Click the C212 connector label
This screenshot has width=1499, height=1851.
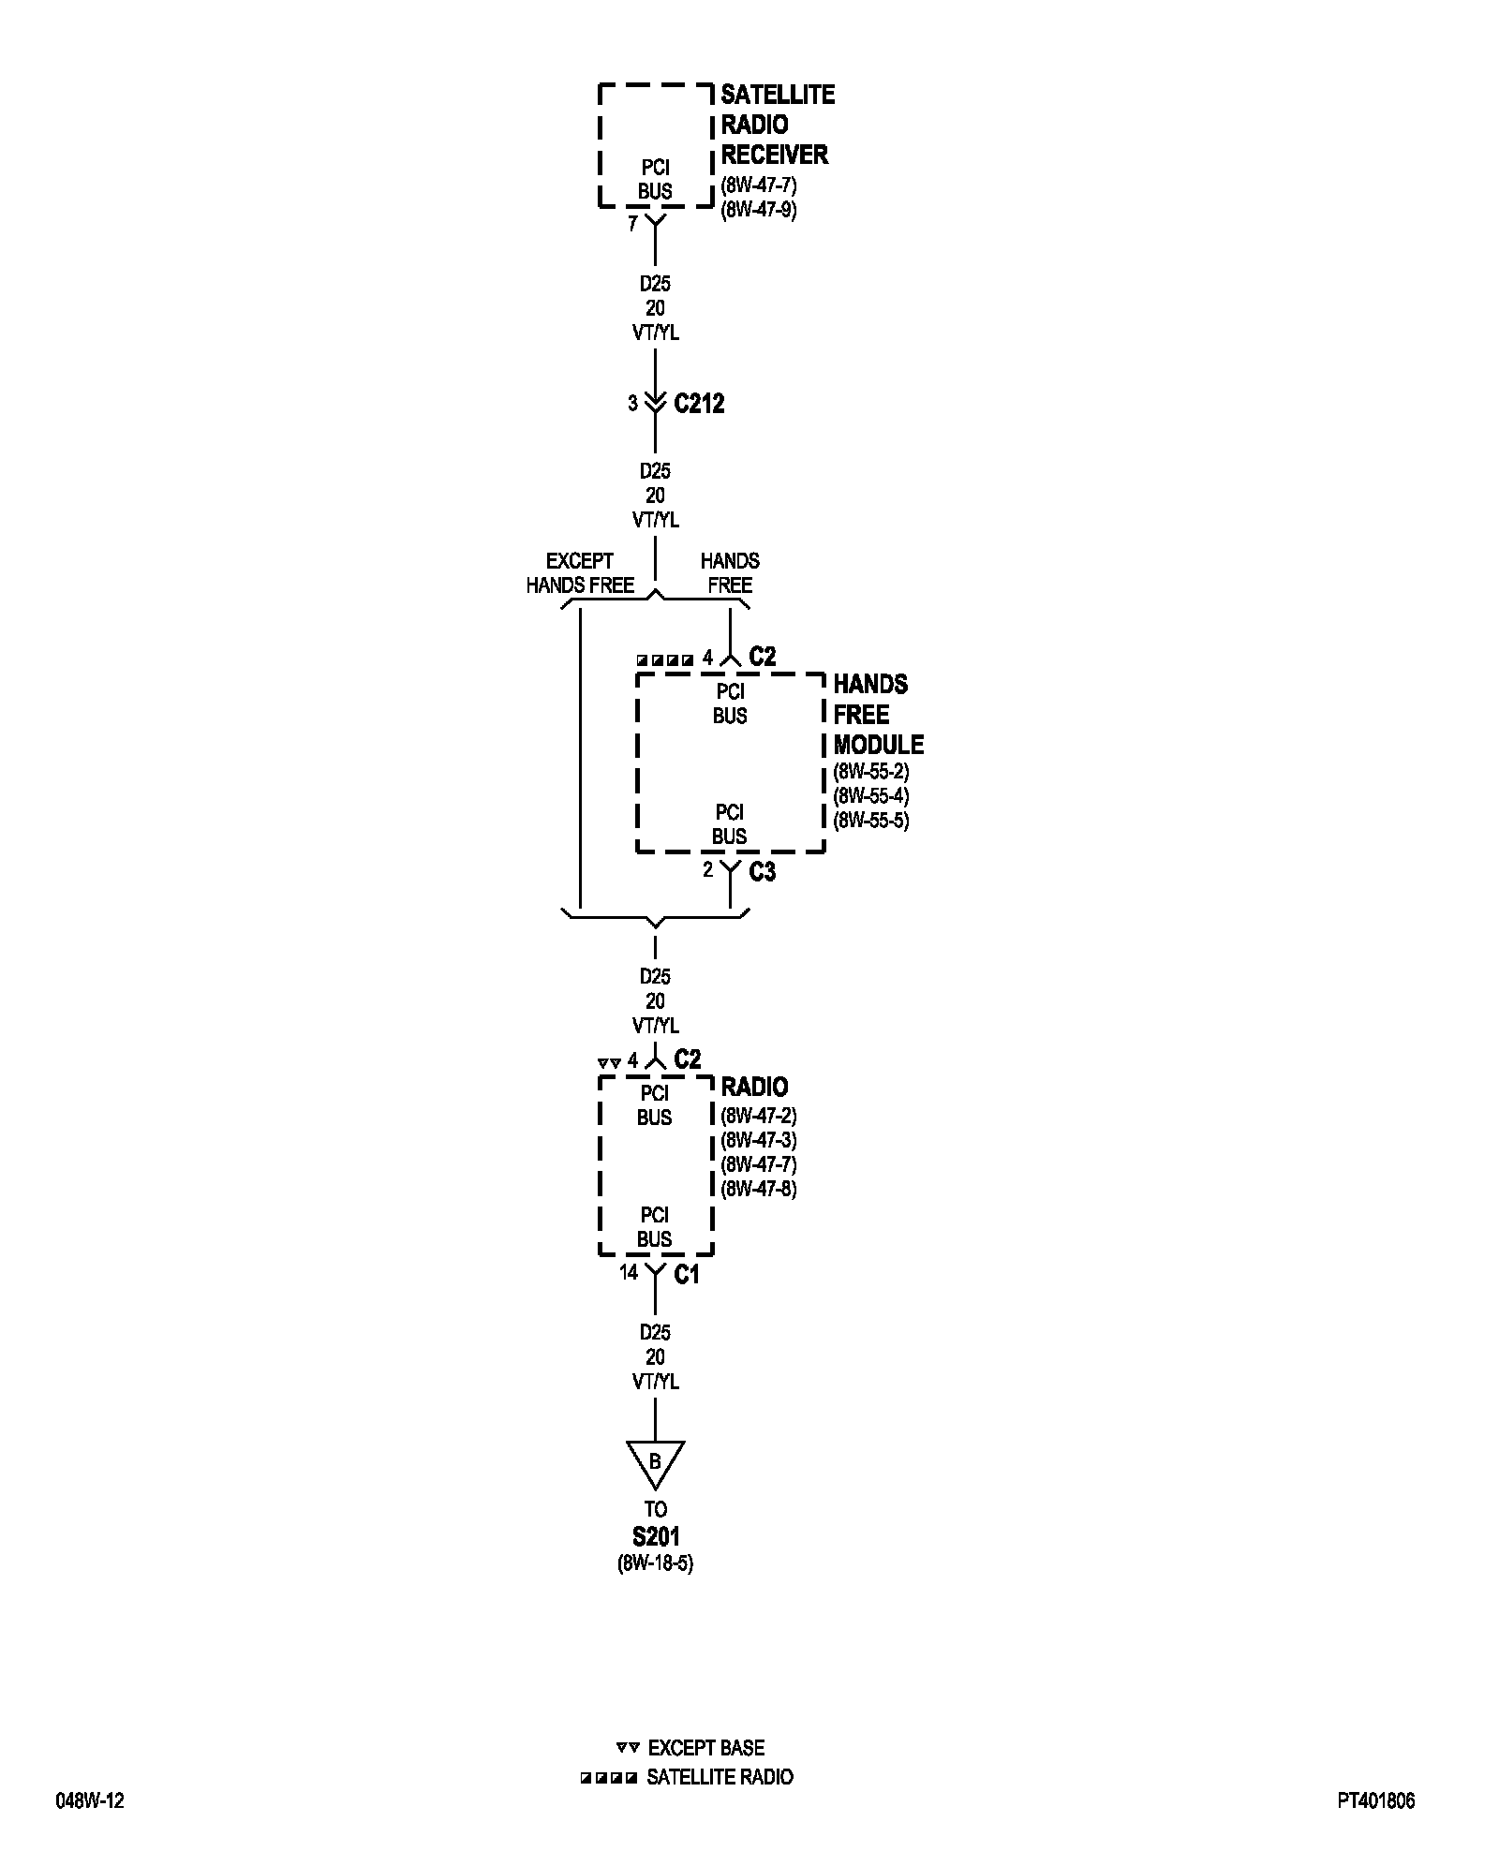[x=699, y=404]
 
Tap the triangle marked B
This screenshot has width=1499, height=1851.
[x=655, y=1462]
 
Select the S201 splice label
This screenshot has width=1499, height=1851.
[x=655, y=1536]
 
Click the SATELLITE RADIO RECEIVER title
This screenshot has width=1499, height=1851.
[x=776, y=125]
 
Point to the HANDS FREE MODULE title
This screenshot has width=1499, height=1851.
[x=878, y=715]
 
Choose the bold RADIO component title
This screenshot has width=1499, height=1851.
[x=754, y=1088]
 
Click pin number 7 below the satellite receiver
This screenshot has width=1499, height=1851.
[x=633, y=224]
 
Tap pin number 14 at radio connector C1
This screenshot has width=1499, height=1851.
[x=628, y=1272]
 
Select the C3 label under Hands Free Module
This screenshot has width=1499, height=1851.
[x=762, y=872]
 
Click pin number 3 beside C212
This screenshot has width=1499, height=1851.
[x=633, y=403]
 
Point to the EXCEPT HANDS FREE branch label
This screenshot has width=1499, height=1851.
[x=580, y=573]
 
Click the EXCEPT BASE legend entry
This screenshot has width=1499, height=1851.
[x=705, y=1748]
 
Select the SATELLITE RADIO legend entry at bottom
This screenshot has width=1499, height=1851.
[x=720, y=1777]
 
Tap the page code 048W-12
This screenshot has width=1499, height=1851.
[x=90, y=1800]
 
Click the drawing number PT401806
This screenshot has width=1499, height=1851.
[x=1375, y=1800]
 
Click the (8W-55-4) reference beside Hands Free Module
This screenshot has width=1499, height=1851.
[x=871, y=796]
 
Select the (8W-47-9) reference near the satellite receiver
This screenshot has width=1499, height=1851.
[x=759, y=210]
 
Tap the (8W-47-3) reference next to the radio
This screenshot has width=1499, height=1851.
[x=759, y=1140]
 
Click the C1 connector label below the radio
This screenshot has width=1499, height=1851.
[x=687, y=1274]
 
